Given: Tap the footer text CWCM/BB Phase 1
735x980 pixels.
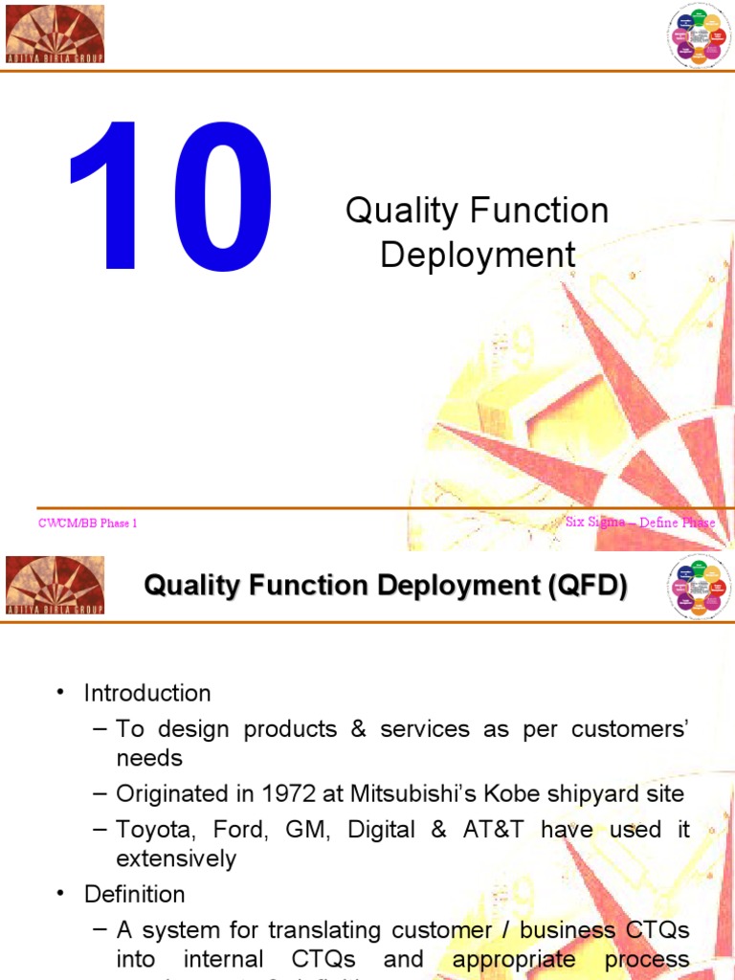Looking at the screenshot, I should [88, 523].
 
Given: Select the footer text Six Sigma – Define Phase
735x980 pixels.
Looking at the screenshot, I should [639, 522].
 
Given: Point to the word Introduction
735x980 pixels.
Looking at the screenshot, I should [147, 693].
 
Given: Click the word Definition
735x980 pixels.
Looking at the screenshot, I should [135, 894].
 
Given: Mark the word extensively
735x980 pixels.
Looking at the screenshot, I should [176, 858].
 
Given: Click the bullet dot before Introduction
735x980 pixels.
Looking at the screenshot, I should [60, 693].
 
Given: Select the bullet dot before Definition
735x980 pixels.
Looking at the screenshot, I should [60, 894].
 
